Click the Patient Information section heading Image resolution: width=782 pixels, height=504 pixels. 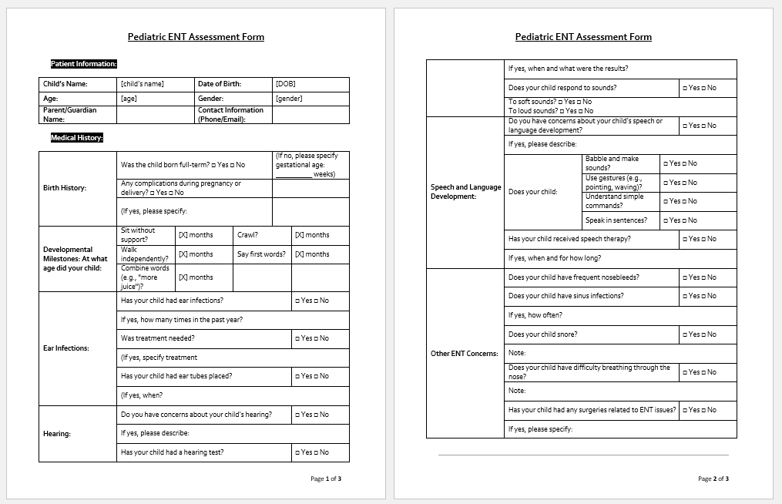tap(84, 64)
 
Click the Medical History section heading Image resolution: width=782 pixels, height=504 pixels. tap(77, 138)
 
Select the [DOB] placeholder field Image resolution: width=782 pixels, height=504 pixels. tap(285, 84)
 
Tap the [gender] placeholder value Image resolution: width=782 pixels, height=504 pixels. tap(289, 99)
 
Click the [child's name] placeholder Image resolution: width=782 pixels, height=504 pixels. tap(143, 84)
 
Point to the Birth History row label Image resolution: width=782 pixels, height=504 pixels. tap(65, 188)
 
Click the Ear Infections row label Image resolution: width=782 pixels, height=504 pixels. tap(66, 348)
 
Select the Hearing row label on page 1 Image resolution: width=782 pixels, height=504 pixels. tap(57, 434)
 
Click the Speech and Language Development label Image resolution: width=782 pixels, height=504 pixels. tap(465, 192)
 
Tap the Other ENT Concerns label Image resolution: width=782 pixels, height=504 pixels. tap(465, 354)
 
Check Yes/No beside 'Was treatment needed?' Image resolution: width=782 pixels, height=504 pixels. tap(312, 338)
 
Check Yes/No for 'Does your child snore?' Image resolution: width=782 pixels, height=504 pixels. tap(700, 334)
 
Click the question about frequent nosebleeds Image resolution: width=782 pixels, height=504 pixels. tap(574, 277)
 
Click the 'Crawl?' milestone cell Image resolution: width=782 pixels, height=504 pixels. tap(247, 235)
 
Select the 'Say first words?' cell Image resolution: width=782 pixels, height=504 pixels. tap(261, 254)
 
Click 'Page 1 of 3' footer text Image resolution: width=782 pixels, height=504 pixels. tap(326, 479)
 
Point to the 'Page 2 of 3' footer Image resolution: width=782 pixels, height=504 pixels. tap(713, 479)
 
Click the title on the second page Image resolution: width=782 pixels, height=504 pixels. tap(583, 37)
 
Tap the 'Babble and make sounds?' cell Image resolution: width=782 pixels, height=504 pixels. tap(612, 163)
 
